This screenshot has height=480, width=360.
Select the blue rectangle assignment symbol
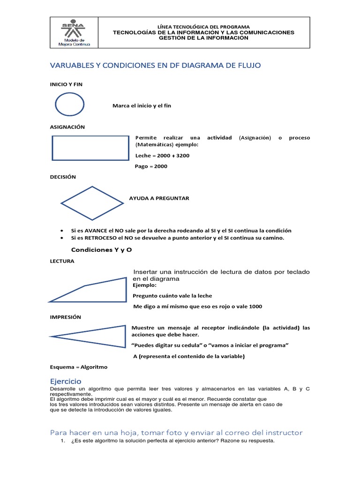click(x=90, y=148)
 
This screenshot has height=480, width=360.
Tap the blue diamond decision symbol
click(x=93, y=203)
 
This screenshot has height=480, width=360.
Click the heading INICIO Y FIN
click(x=66, y=84)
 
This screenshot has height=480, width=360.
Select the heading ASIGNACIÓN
click(x=67, y=127)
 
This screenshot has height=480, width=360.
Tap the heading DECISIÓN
click(x=63, y=177)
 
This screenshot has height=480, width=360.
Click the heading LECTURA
click(x=62, y=261)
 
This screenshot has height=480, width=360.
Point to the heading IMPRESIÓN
click(x=66, y=317)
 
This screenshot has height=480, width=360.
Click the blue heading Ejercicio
click(x=66, y=382)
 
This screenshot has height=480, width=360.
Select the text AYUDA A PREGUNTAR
click(x=159, y=198)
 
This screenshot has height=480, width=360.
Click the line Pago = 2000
click(x=151, y=166)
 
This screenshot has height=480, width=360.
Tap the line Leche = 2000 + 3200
click(x=162, y=156)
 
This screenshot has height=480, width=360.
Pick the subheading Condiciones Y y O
click(x=101, y=250)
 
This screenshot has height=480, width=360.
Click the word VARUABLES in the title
click(x=71, y=66)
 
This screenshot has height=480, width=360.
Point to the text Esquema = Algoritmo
click(x=79, y=367)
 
